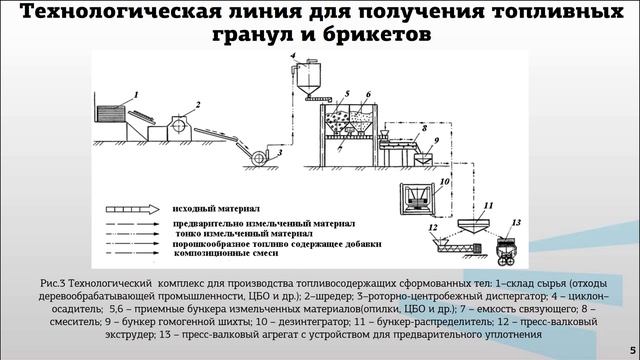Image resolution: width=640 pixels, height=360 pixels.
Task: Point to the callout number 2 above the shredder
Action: pyautogui.click(x=200, y=103)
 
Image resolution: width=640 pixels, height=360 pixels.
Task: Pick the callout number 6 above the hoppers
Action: pyautogui.click(x=369, y=93)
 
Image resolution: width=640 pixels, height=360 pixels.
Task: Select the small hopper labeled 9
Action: pyautogui.click(x=427, y=158)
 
